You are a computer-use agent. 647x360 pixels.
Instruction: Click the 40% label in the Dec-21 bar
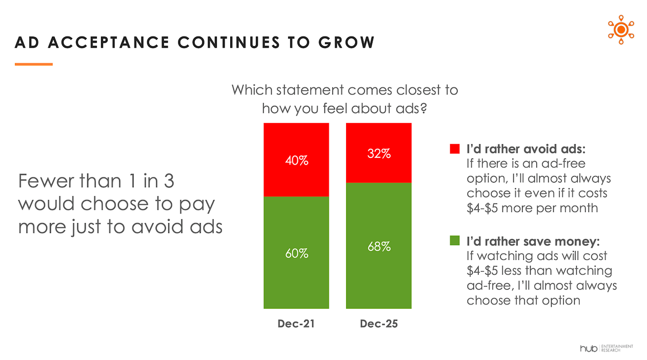(297, 161)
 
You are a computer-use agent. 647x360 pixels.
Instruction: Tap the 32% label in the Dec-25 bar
(379, 153)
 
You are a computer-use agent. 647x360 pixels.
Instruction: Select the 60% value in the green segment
(297, 253)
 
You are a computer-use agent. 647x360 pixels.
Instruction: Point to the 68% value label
(379, 246)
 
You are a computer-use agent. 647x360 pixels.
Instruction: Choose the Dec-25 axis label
(379, 324)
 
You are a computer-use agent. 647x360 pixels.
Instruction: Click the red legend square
(454, 149)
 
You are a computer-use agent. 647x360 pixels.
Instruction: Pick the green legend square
(454, 241)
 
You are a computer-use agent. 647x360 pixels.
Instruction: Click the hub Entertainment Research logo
(606, 348)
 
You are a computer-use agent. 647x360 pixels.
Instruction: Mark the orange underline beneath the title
(34, 64)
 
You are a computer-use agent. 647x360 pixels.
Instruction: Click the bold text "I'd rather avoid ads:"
(526, 149)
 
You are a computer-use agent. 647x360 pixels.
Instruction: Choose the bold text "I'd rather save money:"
(533, 241)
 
